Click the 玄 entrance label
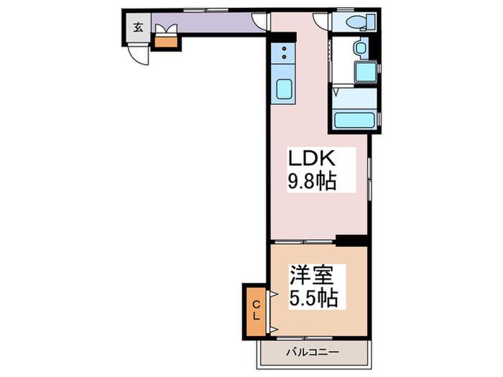(x=138, y=27)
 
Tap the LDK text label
(x=312, y=158)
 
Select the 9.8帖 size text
(x=312, y=181)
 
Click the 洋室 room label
(x=312, y=276)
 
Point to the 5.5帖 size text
(x=313, y=299)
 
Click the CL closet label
(x=256, y=310)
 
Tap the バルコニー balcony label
(x=313, y=353)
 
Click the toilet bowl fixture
(x=356, y=22)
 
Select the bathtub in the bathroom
(x=354, y=120)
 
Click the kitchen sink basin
(x=284, y=89)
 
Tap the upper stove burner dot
(x=284, y=49)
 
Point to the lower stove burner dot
(x=284, y=57)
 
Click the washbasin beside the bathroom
(x=361, y=48)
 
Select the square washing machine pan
(x=365, y=72)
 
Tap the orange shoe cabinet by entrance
(x=166, y=42)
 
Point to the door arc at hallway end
(x=259, y=22)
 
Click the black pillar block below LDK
(x=351, y=241)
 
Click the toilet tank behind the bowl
(x=372, y=22)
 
